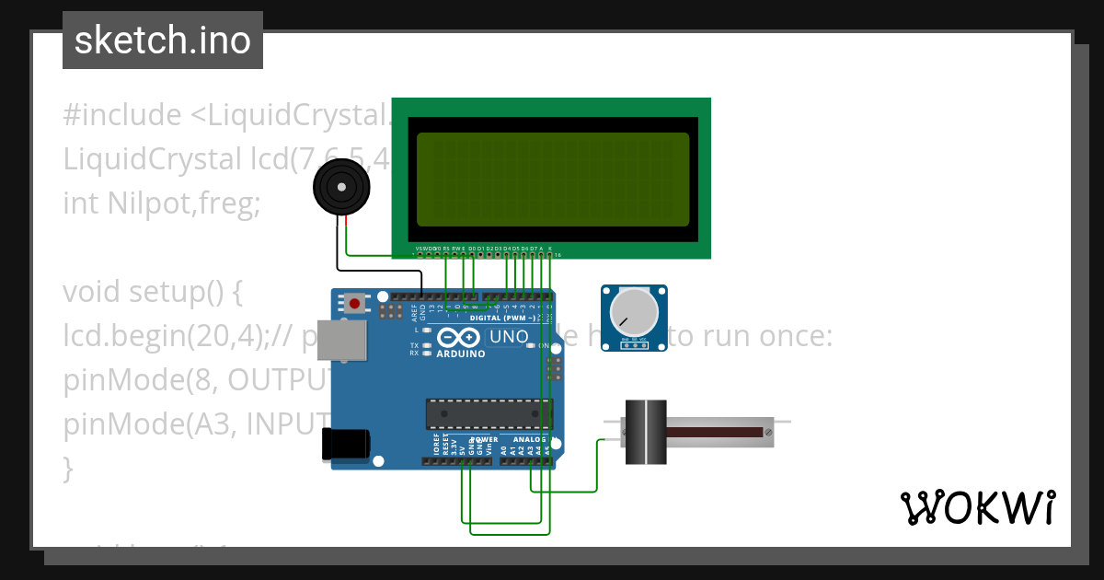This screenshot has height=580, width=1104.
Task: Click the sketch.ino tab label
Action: pos(163,41)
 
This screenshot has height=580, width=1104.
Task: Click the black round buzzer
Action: pos(341,188)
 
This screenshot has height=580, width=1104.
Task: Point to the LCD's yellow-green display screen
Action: pos(552,180)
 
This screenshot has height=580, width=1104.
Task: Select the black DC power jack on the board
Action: pos(346,445)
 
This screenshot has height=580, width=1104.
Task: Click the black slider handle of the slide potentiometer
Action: pos(645,432)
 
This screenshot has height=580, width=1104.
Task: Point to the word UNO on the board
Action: pos(508,338)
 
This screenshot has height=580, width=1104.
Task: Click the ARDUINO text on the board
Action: pos(462,354)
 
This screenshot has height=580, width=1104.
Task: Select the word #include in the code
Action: pos(122,115)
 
